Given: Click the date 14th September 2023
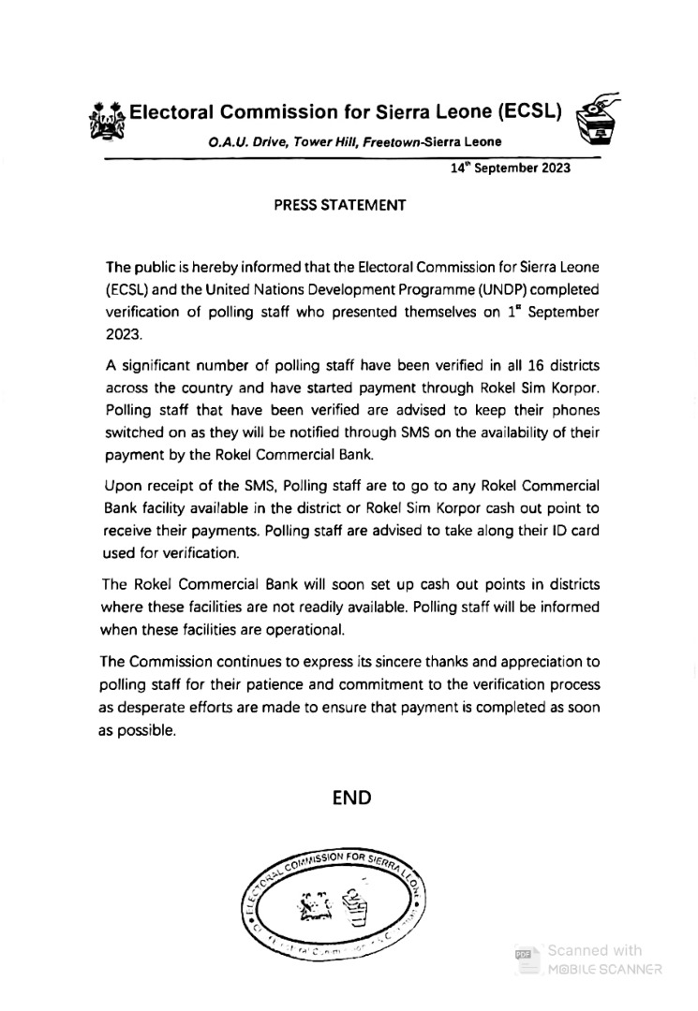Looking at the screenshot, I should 511,169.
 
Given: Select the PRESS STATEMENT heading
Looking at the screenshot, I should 339,205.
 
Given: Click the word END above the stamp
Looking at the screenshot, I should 352,798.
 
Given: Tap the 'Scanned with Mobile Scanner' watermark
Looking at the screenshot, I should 590,960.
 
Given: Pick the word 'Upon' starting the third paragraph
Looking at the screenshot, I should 122,485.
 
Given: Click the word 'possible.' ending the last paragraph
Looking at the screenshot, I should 137,731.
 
